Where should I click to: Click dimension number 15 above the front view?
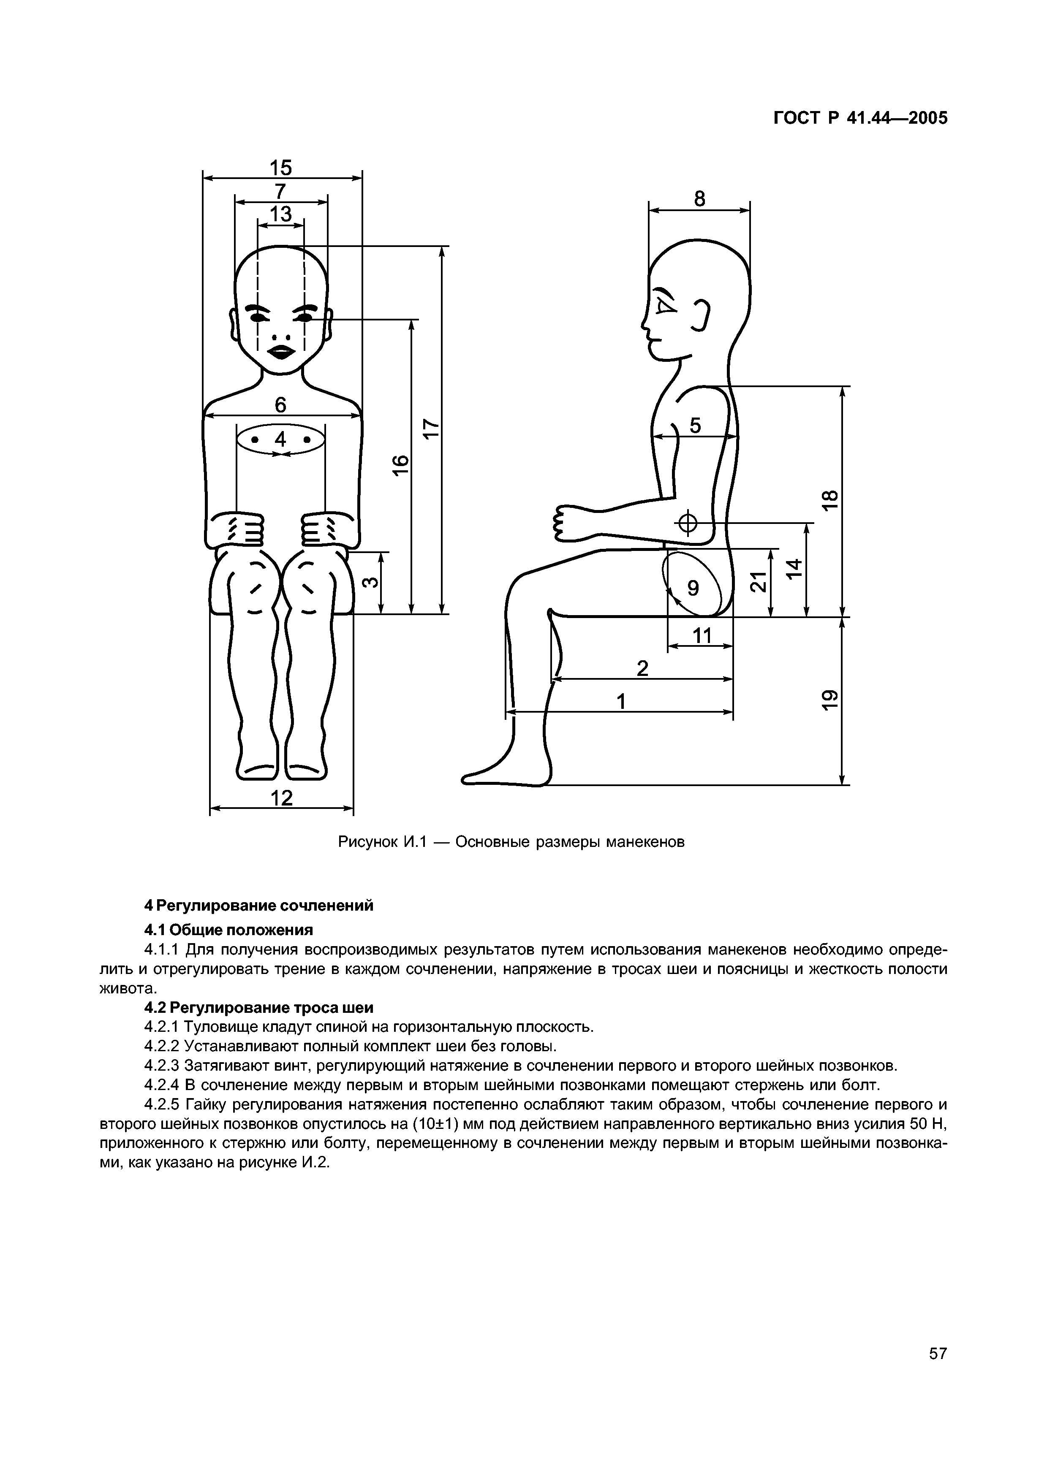(x=280, y=168)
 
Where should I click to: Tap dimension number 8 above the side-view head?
(x=700, y=199)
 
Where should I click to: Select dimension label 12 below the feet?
(x=281, y=798)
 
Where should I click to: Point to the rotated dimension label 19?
(x=831, y=700)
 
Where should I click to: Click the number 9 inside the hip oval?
(x=693, y=588)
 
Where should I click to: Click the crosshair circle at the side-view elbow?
(x=688, y=523)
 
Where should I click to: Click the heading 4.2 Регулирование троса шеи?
(x=258, y=1008)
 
